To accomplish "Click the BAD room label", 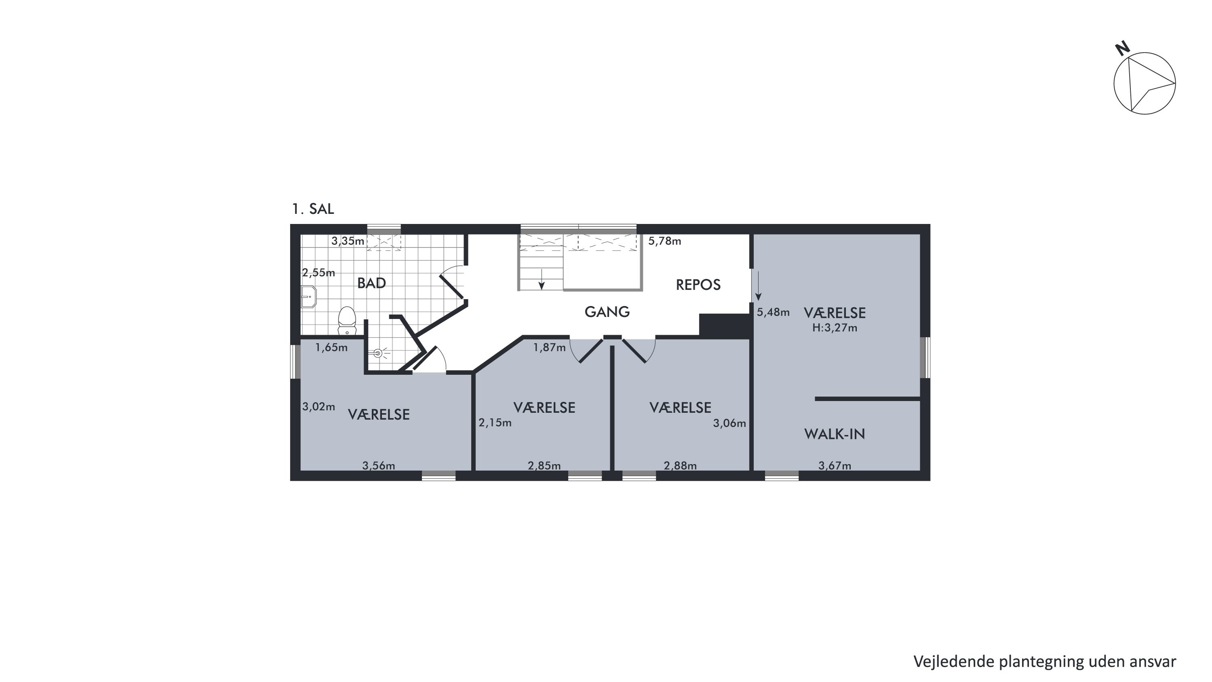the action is (x=372, y=283).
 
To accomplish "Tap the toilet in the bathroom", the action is (x=347, y=320).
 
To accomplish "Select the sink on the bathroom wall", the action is (x=309, y=296).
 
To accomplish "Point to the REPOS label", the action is (x=698, y=285).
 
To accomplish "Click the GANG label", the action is (x=607, y=312).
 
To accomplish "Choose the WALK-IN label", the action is (x=835, y=434).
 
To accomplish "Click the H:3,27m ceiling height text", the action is (x=835, y=328).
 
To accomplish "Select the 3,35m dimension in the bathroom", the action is (x=348, y=241).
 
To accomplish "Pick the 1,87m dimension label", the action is (x=549, y=348).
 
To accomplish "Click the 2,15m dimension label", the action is (x=495, y=422).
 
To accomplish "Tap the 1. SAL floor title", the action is (x=313, y=209).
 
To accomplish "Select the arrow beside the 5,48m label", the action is (x=758, y=286).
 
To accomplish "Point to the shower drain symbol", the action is (x=377, y=353).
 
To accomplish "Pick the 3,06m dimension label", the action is (x=729, y=423).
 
